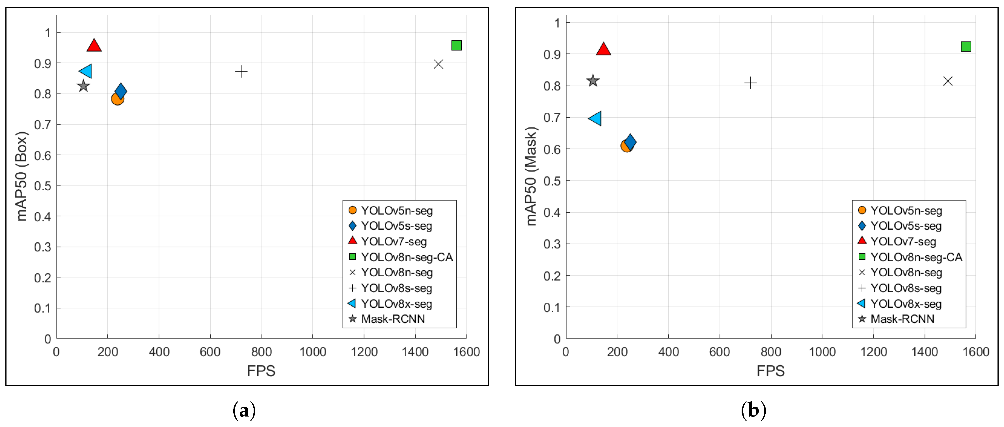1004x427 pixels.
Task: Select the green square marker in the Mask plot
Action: pos(966,47)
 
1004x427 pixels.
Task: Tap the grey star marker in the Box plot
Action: pos(83,86)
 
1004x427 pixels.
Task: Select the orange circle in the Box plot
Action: pos(117,99)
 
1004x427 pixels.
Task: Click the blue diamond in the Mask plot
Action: pos(630,142)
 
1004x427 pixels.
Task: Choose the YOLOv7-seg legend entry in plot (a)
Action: pos(394,241)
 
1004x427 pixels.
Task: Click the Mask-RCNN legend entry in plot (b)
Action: pos(902,319)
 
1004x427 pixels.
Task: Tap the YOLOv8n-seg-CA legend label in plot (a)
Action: pos(407,257)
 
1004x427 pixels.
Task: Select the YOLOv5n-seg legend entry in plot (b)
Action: pos(906,211)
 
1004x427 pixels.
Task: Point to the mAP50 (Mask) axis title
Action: pos(531,176)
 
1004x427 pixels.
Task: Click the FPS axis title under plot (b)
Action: pos(770,371)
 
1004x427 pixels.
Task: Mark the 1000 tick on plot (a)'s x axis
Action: pos(313,352)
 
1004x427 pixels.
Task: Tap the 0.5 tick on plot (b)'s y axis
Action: pos(552,181)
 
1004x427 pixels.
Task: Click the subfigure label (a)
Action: pos(244,411)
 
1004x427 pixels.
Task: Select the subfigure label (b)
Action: pos(753,411)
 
